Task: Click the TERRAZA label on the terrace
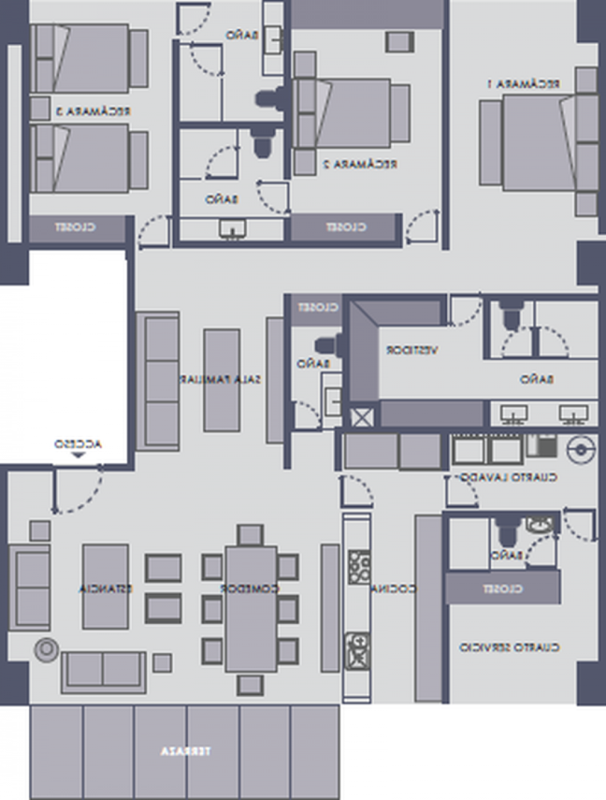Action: [185, 752]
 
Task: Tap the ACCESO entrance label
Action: [78, 443]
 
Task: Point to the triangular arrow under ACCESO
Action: [78, 455]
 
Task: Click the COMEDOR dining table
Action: [250, 607]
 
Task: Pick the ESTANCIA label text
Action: [106, 589]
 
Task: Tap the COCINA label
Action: [397, 589]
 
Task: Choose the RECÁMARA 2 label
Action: [359, 164]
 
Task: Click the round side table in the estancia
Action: [46, 650]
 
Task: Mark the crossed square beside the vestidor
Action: [361, 416]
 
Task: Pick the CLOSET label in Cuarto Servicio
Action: [502, 589]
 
